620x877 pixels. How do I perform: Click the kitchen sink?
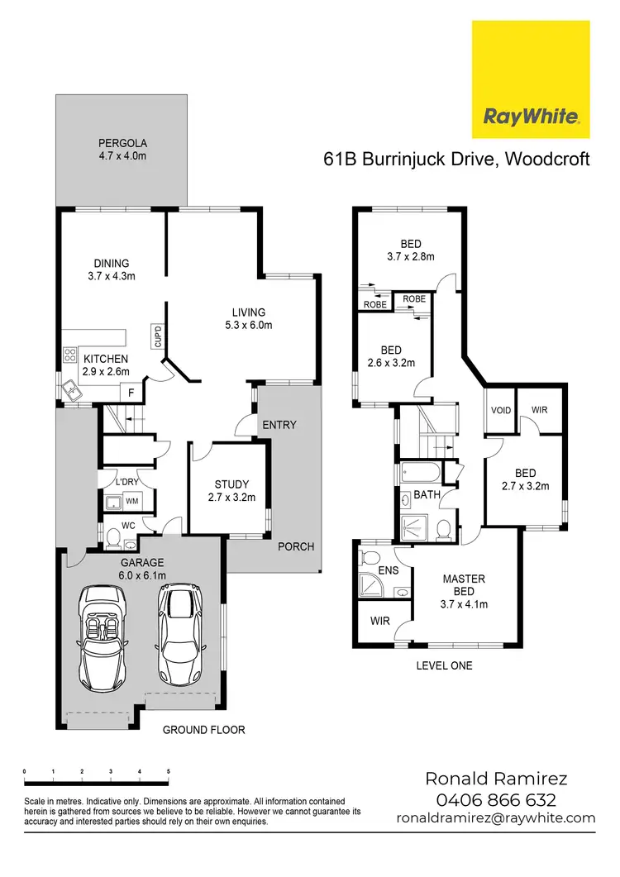(77, 388)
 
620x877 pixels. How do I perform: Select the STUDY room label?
(231, 484)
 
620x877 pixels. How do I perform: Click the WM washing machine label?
(132, 502)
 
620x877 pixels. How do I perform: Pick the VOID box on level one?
(501, 410)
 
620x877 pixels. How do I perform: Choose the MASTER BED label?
(464, 584)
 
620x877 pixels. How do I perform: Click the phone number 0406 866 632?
(496, 799)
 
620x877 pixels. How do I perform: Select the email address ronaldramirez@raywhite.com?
(496, 817)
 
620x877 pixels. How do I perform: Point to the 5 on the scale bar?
(169, 770)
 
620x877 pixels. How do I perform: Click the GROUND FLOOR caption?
(203, 730)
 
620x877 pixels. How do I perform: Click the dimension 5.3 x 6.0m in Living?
(249, 325)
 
